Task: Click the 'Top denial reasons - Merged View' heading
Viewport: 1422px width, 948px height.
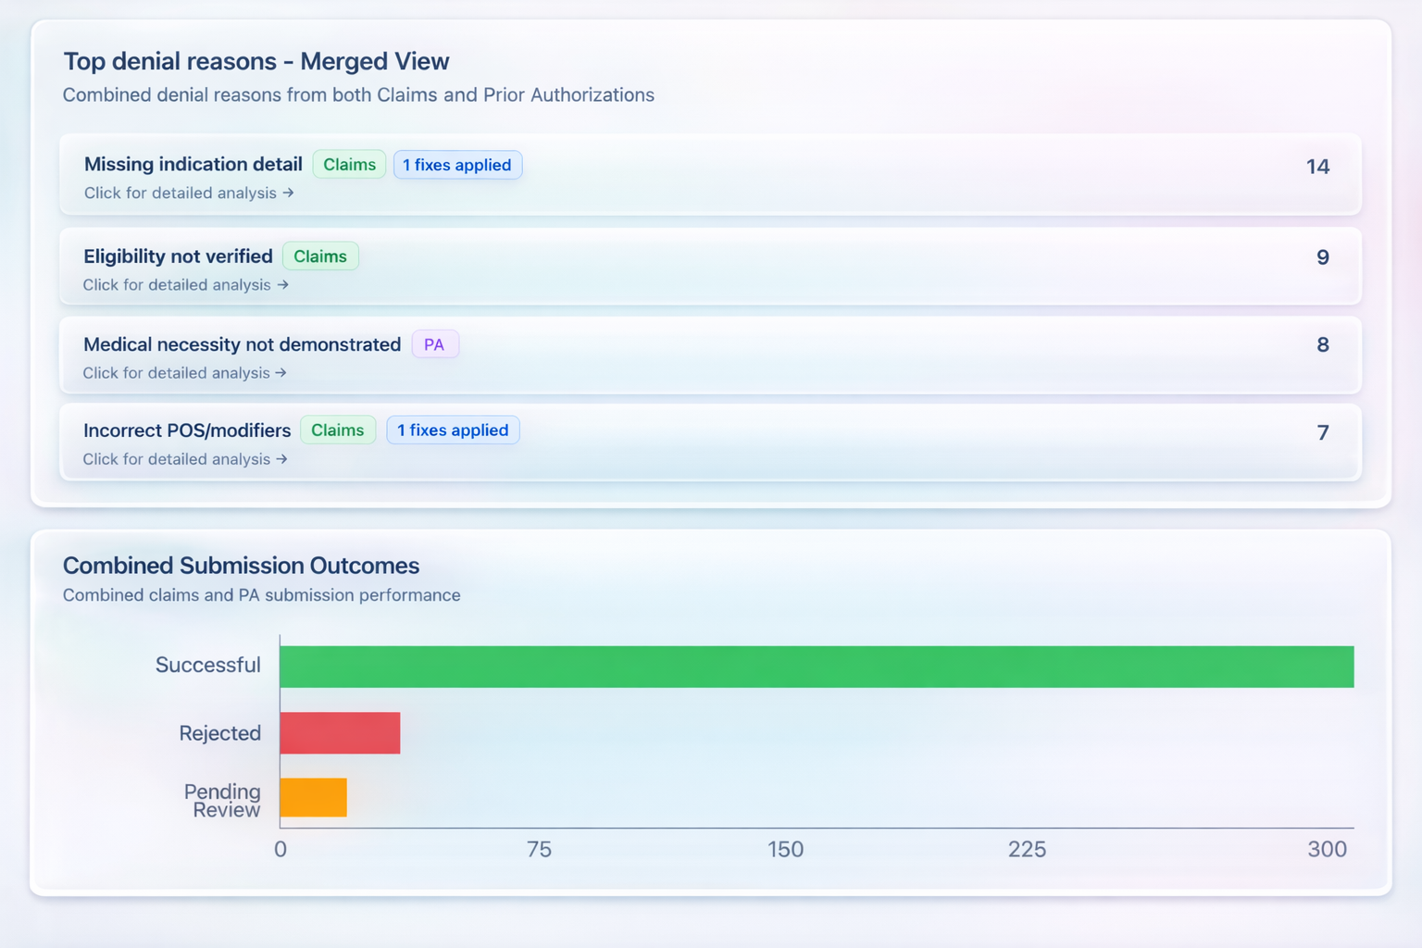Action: [x=256, y=61]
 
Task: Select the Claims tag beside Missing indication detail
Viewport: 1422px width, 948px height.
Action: [x=349, y=165]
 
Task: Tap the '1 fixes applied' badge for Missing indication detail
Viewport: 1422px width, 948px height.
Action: [x=457, y=165]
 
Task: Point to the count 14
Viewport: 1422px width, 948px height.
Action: [x=1317, y=167]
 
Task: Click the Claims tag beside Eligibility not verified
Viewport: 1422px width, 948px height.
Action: [x=320, y=256]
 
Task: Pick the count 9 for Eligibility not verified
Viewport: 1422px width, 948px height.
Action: [x=1323, y=257]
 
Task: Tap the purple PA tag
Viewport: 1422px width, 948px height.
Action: [x=434, y=344]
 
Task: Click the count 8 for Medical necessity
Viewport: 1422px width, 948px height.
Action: [x=1323, y=344]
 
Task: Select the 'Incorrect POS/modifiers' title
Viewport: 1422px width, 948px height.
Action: [x=187, y=430]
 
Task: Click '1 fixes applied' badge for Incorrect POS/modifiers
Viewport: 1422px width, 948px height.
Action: [x=453, y=430]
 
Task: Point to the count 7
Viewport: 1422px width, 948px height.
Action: [x=1323, y=432]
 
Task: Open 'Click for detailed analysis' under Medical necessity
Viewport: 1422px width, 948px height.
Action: [x=184, y=373]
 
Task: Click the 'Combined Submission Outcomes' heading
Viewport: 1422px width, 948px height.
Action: [x=241, y=566]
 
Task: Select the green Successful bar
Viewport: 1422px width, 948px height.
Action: [x=816, y=667]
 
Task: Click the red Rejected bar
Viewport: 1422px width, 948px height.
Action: [x=340, y=733]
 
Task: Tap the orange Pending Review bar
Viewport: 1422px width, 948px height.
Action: [x=313, y=797]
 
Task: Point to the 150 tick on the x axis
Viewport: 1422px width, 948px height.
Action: [x=785, y=849]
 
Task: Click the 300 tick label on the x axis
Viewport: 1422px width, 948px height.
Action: [x=1327, y=849]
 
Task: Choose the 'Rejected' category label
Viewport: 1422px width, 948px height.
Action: [x=219, y=733]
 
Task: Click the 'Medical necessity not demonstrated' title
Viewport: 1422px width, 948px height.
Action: [x=242, y=344]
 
